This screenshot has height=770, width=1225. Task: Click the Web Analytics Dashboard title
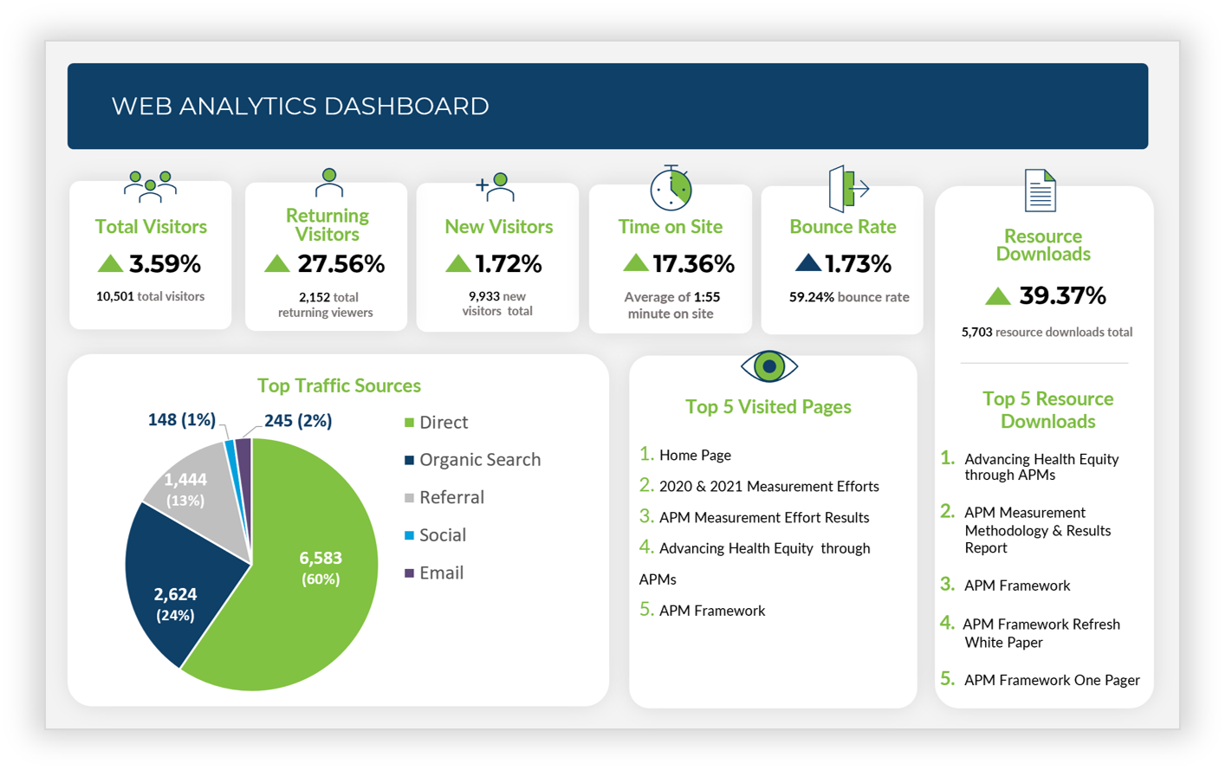click(x=300, y=106)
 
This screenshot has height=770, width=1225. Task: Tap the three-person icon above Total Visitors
click(x=150, y=185)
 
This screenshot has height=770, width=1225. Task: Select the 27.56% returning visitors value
click(x=340, y=263)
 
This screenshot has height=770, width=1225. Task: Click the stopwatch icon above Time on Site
click(x=671, y=188)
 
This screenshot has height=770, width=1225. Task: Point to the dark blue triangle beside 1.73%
click(x=807, y=262)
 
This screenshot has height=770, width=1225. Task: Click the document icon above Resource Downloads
click(x=1040, y=191)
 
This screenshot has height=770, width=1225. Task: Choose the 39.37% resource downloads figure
click(x=1062, y=295)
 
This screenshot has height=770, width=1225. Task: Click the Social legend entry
click(x=442, y=535)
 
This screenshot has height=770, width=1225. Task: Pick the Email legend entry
click(x=441, y=573)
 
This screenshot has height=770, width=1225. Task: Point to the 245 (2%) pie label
click(x=298, y=421)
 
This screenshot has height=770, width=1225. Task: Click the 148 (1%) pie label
click(x=181, y=420)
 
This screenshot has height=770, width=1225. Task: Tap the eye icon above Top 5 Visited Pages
click(x=768, y=366)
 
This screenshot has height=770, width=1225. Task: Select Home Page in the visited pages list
click(x=695, y=455)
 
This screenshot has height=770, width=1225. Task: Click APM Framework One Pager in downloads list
click(x=1051, y=680)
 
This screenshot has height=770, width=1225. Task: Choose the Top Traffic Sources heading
click(x=339, y=385)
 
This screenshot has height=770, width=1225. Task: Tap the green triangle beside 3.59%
click(x=110, y=263)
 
